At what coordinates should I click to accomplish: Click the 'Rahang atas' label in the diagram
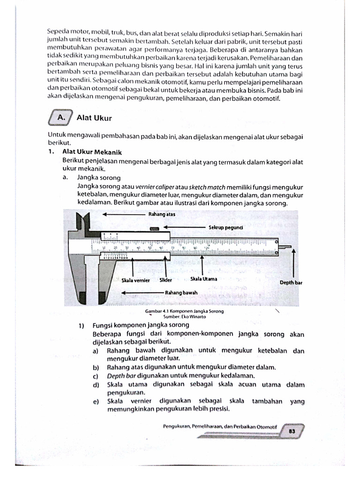[x=162, y=214]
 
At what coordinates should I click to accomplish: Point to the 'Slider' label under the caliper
[x=166, y=280]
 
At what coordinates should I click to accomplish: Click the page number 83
[x=291, y=432]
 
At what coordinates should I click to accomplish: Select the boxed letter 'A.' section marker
[x=60, y=118]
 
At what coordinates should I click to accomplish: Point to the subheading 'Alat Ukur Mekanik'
[x=92, y=152]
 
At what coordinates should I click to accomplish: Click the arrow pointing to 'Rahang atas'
[x=122, y=214]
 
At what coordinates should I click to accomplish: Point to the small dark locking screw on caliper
[x=153, y=228]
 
